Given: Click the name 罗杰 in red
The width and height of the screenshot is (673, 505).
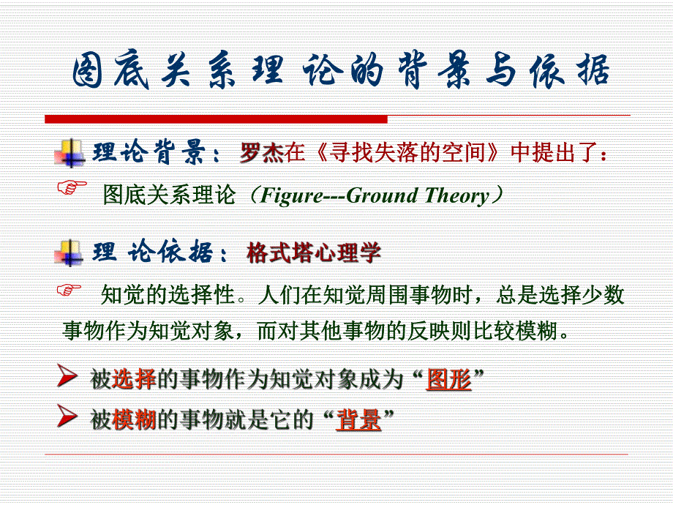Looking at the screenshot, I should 261,154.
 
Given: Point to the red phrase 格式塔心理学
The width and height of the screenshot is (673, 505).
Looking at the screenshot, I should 314,254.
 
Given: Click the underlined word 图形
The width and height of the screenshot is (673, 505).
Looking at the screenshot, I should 448,379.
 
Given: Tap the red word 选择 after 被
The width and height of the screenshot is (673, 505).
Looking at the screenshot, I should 135,379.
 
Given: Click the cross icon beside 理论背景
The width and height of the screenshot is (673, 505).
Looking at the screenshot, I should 69,152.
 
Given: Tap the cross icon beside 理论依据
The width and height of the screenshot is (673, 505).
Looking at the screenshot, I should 69,252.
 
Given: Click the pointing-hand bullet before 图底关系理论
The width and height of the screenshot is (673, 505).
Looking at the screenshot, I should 71,187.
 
